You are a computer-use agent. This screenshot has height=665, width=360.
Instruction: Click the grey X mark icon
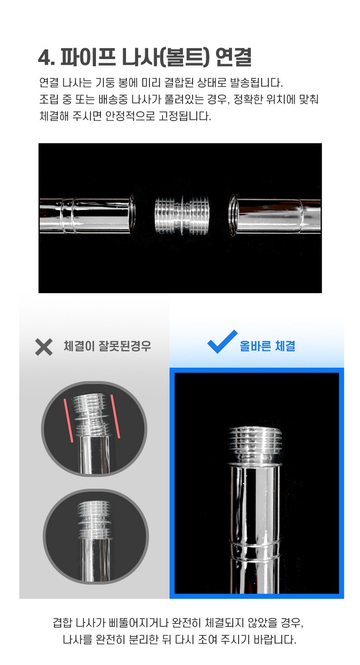44,347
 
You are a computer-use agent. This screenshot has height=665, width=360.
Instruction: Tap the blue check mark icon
222,342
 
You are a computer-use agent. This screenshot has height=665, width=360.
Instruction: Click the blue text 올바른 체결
267,346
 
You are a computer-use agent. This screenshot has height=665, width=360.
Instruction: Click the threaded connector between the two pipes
182,216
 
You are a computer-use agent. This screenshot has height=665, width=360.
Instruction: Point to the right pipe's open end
233,215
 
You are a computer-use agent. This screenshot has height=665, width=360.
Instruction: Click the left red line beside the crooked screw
68,420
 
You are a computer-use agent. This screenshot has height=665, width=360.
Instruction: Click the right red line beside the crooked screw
115,416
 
